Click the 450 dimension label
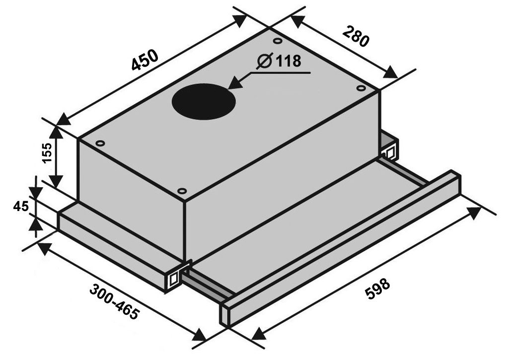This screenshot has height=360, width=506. [145, 60]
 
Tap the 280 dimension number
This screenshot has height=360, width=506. [356, 36]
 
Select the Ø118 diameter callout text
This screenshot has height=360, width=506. [279, 61]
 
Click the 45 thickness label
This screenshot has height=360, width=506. [21, 206]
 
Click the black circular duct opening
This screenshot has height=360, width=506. [204, 100]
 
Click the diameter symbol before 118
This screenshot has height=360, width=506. [265, 61]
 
